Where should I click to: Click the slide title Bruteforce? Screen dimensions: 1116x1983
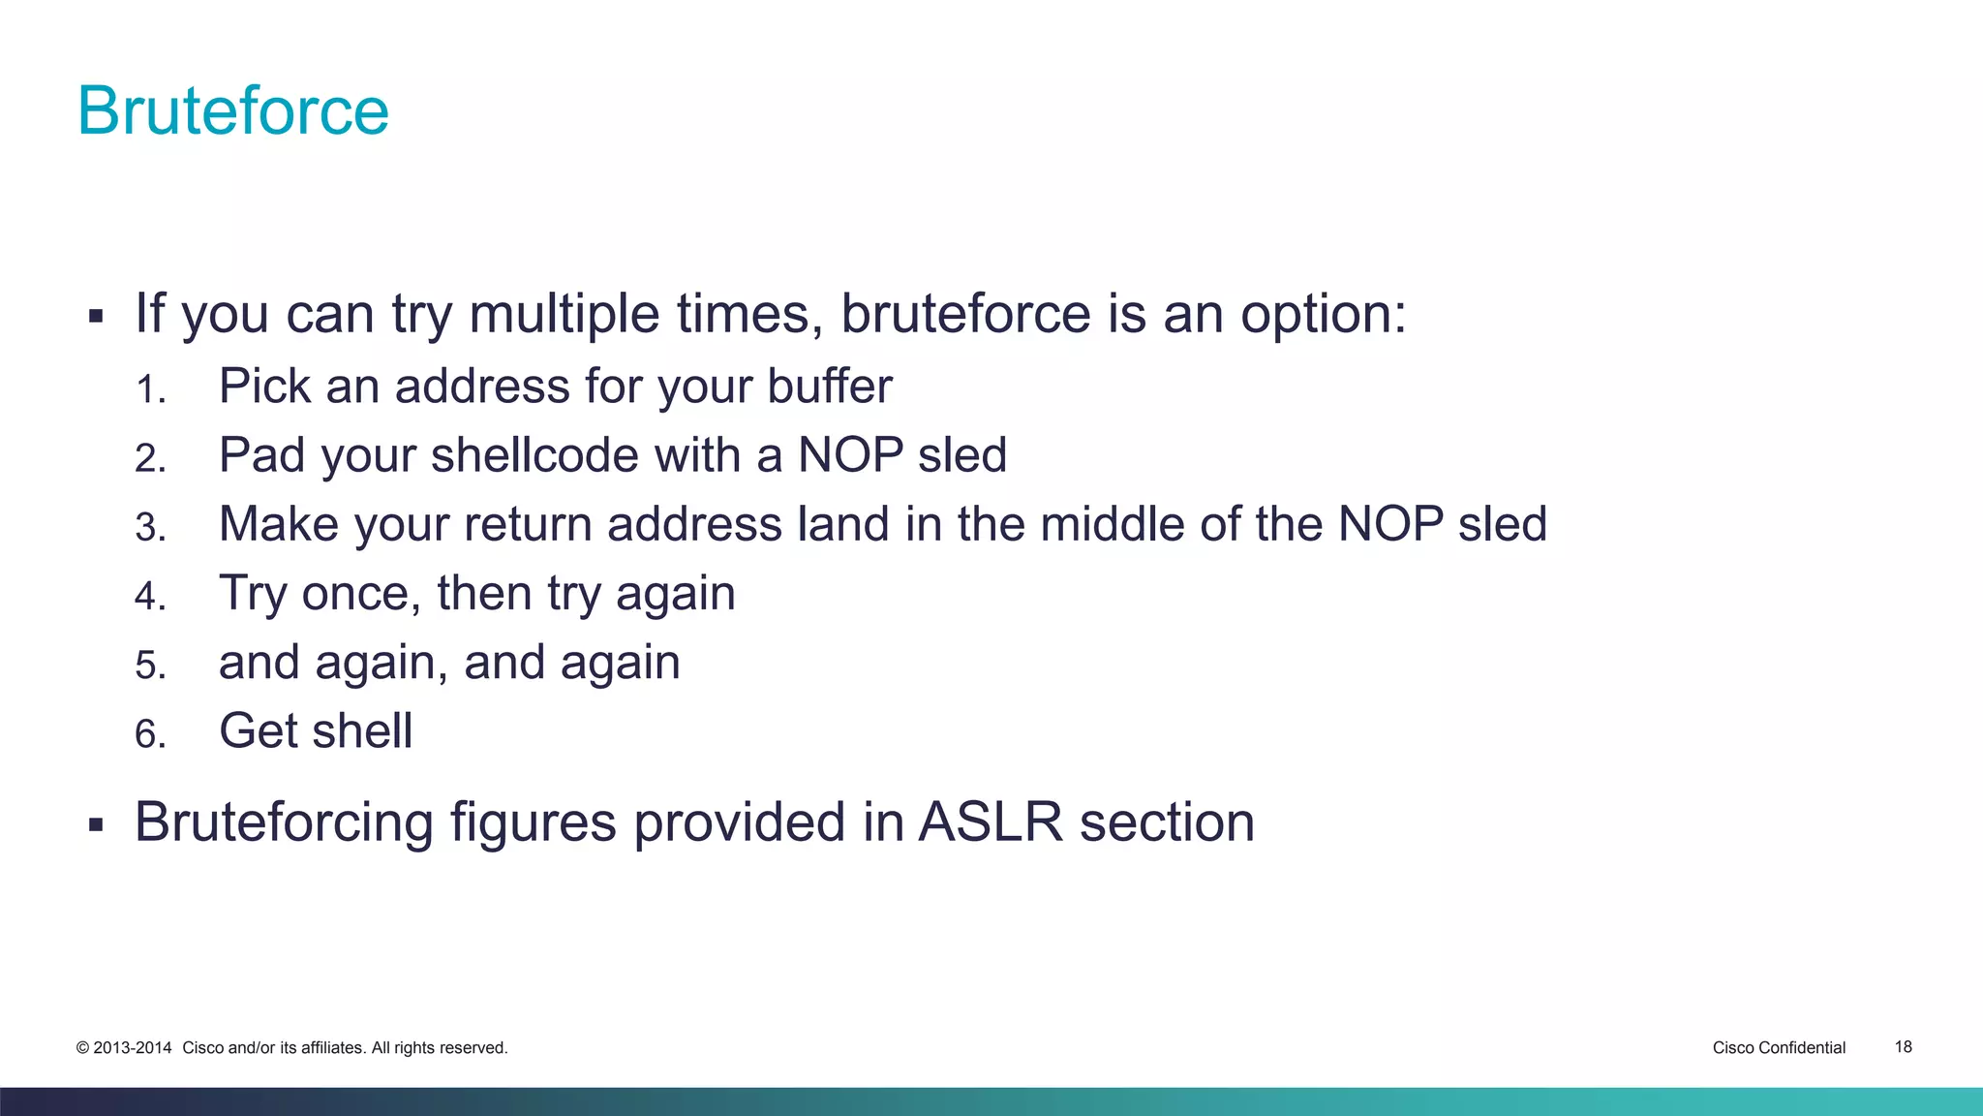232,110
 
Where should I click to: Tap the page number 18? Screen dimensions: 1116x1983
1903,1046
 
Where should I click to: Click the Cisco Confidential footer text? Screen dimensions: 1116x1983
1779,1047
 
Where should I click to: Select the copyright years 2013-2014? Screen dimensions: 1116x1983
132,1047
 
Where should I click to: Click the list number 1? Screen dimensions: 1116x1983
150,390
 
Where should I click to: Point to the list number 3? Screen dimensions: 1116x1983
150,528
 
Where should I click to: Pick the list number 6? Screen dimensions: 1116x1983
150,734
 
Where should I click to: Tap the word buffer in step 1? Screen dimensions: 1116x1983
830,387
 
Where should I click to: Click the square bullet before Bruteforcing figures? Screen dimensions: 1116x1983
95,825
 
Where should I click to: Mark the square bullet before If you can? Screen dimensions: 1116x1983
95,317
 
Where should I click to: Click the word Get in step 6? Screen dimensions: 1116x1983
254,730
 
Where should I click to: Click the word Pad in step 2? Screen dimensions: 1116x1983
260,455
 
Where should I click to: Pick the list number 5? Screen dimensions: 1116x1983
150,666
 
